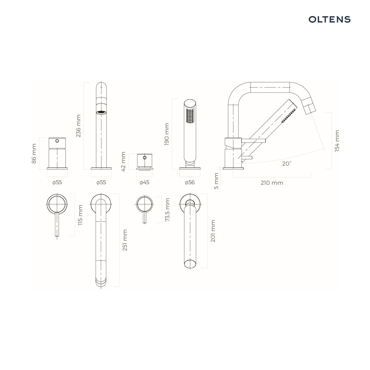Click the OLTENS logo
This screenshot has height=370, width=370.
[x=329, y=19]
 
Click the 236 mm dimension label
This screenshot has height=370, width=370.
[x=78, y=126]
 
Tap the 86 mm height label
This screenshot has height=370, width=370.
[x=34, y=154]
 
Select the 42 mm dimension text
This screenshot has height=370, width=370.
[x=123, y=162]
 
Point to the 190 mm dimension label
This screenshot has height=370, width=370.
[x=167, y=134]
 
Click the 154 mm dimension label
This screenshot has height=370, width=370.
[x=337, y=141]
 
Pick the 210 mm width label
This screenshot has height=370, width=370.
[x=272, y=183]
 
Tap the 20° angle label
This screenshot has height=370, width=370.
[x=287, y=164]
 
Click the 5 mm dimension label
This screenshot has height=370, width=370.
[x=216, y=181]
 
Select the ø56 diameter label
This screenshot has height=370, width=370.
[x=190, y=182]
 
